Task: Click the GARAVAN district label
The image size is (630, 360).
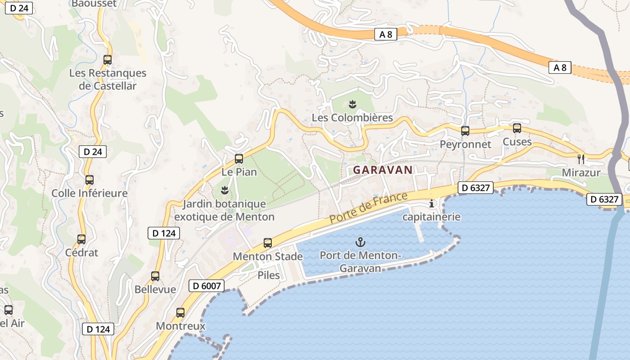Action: coord(382,170)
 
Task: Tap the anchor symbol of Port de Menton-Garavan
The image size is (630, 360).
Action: coord(360,242)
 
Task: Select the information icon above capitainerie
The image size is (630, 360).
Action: coord(432,203)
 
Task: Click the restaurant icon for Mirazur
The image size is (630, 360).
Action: coord(581,159)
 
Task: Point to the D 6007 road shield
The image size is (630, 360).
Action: coord(206,286)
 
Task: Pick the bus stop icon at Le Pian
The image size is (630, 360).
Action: coord(239,159)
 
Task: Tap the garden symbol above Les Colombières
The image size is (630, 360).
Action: coord(353,105)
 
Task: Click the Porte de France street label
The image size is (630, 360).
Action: coord(368,207)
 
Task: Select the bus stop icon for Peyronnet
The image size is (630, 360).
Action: coord(465,131)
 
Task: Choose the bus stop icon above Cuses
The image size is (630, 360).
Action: coord(517,128)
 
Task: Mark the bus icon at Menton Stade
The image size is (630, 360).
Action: coord(268,243)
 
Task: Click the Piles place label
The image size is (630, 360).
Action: coord(269,275)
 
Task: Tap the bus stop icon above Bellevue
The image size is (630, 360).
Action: coord(155,276)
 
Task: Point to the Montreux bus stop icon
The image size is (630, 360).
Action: coord(180,313)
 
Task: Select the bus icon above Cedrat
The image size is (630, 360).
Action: coord(81,239)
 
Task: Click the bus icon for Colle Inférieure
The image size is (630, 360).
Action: coord(90,180)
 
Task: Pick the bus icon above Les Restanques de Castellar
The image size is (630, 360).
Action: coord(108,59)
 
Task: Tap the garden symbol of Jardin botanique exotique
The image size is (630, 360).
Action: coord(225,190)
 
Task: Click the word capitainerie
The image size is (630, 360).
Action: coord(431,217)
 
